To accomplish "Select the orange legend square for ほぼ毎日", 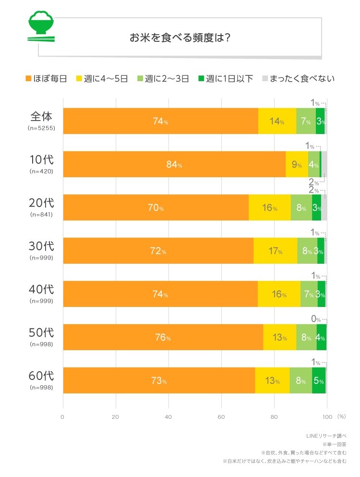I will click(28, 78).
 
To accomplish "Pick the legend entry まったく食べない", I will click(298, 78).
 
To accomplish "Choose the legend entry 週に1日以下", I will click(226, 78).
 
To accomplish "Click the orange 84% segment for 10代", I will click(174, 164).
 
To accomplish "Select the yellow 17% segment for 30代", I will click(275, 251).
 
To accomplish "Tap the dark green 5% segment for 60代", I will click(319, 380).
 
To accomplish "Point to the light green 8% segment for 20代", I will click(301, 208).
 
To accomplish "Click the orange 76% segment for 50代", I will click(163, 337).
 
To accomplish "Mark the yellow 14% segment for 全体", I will click(277, 121).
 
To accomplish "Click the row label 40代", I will click(41, 290).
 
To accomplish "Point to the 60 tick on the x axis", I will click(221, 416).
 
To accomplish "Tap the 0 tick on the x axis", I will click(62, 416).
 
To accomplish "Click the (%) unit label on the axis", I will click(341, 416).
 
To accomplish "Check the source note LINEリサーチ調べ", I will click(326, 436).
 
